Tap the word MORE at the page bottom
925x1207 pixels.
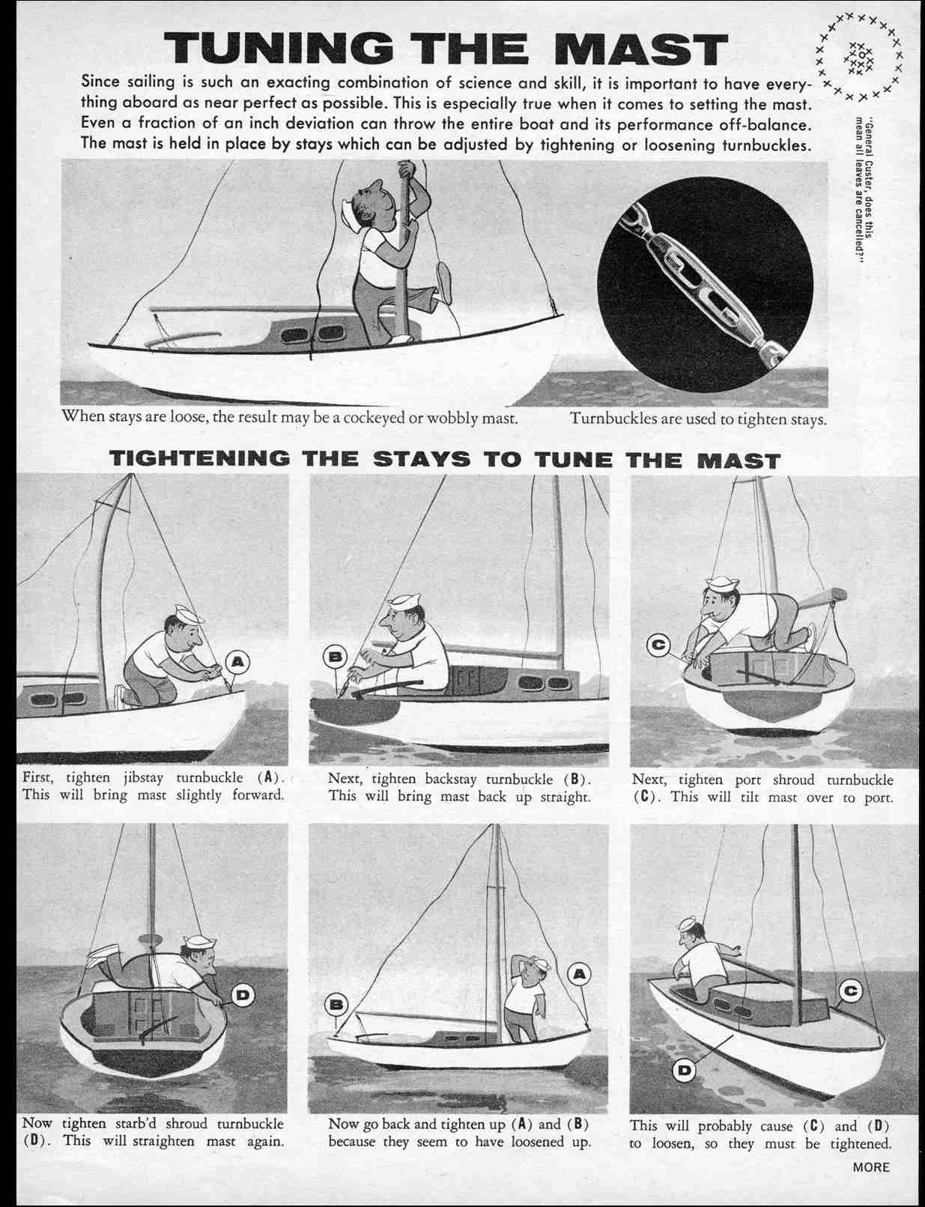(871, 1167)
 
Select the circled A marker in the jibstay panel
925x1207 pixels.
(237, 661)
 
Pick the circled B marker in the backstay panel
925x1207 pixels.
(335, 657)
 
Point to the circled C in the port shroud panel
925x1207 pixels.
(659, 645)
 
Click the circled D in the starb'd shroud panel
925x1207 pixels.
(243, 995)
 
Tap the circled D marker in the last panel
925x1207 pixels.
(685, 1071)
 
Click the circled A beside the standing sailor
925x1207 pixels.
(579, 973)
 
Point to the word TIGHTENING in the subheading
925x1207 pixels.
(199, 459)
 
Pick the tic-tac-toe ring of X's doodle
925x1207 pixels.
(859, 57)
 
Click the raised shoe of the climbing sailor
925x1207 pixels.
(444, 282)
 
